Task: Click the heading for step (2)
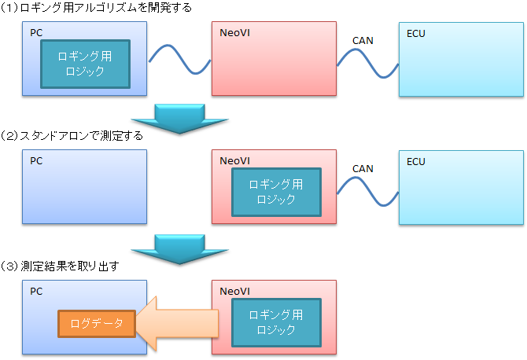pos(72,136)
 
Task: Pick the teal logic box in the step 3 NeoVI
pos(275,321)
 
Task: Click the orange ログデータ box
pos(97,323)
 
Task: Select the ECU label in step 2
pos(415,162)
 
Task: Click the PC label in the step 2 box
pos(36,162)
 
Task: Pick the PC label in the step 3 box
pos(36,291)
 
